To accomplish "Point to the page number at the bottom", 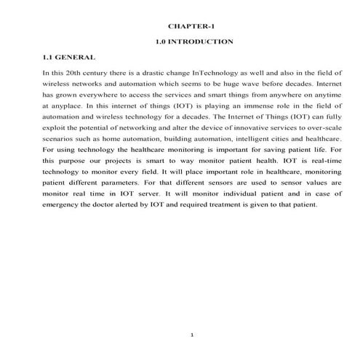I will (x=191, y=334).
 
